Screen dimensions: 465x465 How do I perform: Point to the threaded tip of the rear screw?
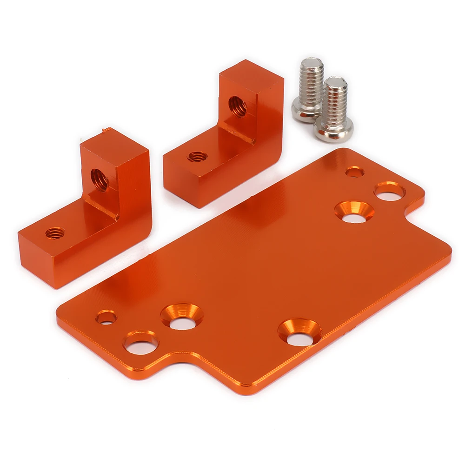[312, 63]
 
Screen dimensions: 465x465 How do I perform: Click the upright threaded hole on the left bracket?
[100, 179]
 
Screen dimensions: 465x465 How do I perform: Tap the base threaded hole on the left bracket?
[55, 232]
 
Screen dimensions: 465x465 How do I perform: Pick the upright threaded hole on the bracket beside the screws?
[238, 106]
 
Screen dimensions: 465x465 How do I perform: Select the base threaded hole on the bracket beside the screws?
[197, 157]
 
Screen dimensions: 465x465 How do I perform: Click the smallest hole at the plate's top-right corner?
[355, 172]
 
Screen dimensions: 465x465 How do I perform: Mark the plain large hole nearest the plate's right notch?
[390, 192]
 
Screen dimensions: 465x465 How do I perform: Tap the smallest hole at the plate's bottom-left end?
[106, 318]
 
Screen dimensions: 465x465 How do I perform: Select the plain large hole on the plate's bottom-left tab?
[141, 343]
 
